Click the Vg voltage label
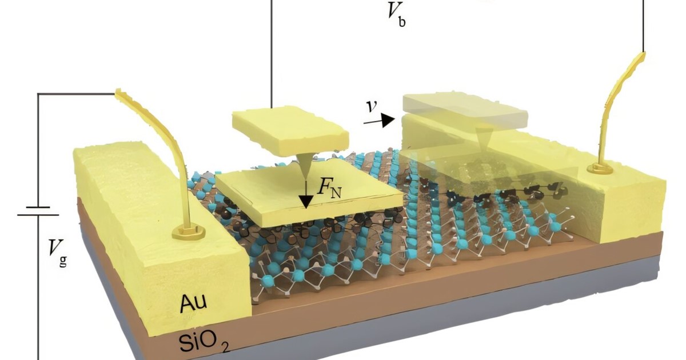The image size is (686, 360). (x=56, y=250)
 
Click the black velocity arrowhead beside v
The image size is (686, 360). (x=388, y=120)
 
